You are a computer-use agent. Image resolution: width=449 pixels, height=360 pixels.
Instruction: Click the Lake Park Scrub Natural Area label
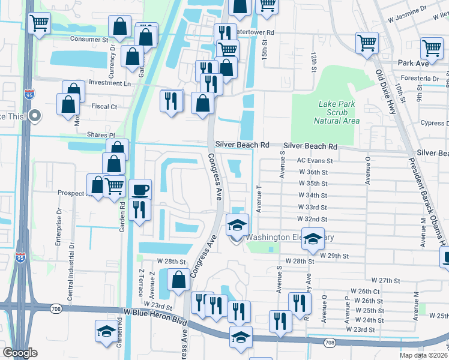tap(337, 112)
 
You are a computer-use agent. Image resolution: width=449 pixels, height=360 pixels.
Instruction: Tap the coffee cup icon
tap(140, 190)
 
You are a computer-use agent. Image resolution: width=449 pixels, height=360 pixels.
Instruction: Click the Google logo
tap(20, 353)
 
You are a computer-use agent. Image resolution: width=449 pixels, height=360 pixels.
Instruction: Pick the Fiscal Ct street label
tap(101, 106)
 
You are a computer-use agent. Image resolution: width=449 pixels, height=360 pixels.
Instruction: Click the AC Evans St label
tap(315, 161)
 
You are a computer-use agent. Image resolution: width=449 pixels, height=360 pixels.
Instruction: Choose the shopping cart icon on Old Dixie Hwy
tap(367, 43)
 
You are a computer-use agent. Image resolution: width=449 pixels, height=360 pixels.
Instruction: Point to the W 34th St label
tap(312, 196)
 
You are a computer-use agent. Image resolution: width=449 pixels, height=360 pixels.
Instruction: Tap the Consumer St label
tap(88, 40)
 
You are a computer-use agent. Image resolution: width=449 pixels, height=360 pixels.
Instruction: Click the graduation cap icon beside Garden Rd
tap(106, 331)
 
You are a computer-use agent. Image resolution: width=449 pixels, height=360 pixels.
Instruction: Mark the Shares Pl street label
tap(100, 135)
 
